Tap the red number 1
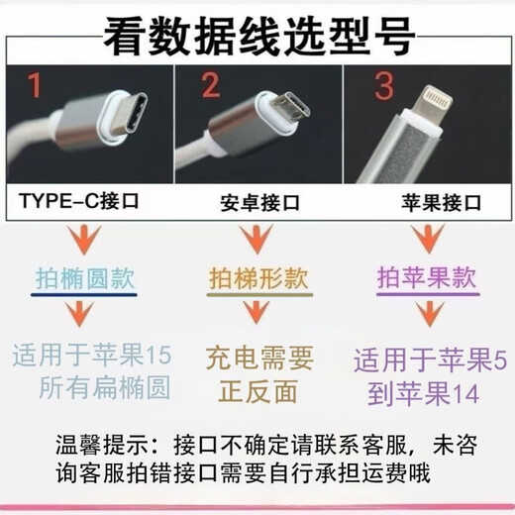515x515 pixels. point(35,88)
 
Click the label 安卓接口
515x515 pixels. point(252,207)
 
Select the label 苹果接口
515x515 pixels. point(429,206)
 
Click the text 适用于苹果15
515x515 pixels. point(93,353)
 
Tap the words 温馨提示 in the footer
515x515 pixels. point(94,440)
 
